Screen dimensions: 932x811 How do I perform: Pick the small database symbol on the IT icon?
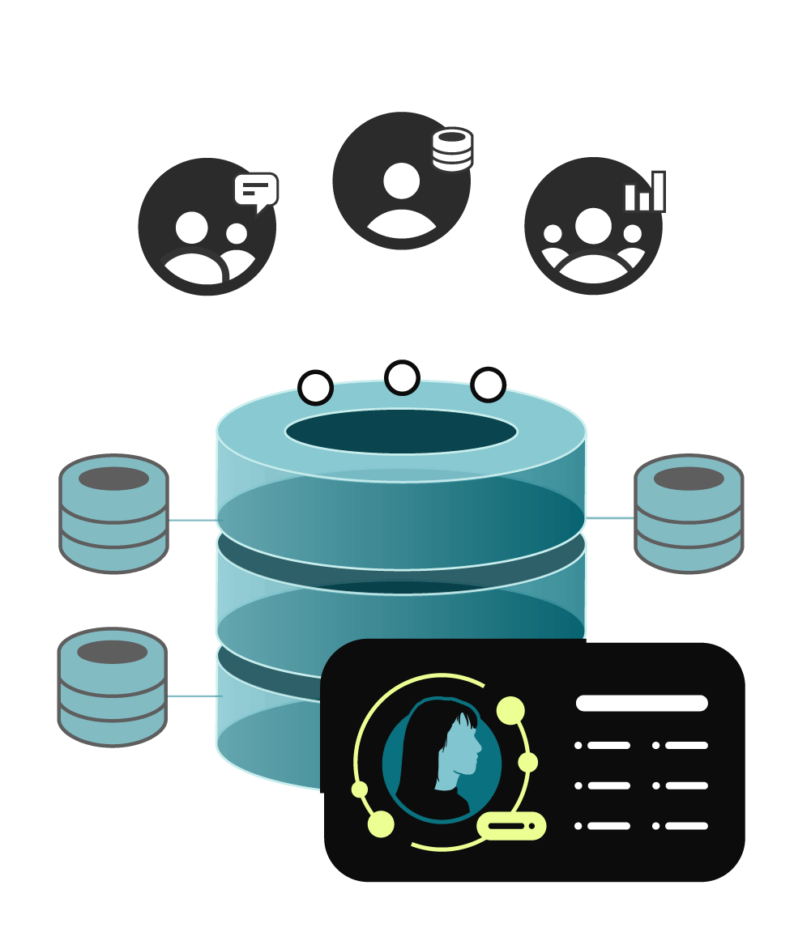[452, 148]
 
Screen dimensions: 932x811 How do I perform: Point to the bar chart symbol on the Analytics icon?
[644, 192]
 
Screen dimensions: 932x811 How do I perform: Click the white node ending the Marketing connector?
[315, 387]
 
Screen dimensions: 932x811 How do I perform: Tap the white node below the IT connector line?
[402, 377]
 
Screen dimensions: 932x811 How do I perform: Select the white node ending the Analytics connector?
[488, 385]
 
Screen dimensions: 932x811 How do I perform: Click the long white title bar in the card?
[642, 703]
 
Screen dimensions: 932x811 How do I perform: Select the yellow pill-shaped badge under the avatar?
[511, 826]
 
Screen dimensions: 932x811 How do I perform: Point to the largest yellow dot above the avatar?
[510, 710]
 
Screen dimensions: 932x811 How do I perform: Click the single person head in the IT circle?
[402, 181]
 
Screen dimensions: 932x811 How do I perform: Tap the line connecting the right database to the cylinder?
[609, 517]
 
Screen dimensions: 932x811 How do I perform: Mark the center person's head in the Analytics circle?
[593, 226]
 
